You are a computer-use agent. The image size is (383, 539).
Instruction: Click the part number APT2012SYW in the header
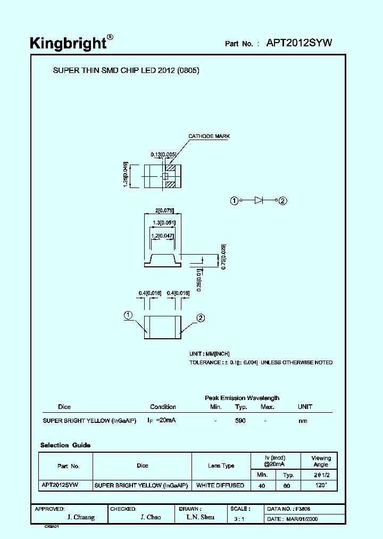(x=299, y=43)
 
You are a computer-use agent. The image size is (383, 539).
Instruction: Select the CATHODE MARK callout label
(x=209, y=136)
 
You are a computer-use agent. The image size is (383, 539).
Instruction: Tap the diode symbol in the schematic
(x=259, y=200)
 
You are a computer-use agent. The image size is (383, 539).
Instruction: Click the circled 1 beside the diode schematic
(x=234, y=200)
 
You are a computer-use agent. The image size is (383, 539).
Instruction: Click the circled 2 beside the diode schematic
(x=283, y=201)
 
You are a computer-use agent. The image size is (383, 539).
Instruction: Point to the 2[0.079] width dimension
(x=162, y=210)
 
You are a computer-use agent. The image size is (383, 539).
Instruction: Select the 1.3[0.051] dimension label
(x=163, y=223)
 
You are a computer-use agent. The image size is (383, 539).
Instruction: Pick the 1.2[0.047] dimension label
(x=162, y=235)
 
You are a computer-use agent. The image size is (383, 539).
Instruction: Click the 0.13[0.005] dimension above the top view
(x=163, y=154)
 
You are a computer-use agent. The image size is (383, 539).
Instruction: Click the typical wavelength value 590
(x=240, y=421)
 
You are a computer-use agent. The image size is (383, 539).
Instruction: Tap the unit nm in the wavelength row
(x=303, y=421)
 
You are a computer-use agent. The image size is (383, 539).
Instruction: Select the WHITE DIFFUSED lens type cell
(x=220, y=485)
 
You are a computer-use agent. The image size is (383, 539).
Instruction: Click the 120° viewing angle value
(x=320, y=485)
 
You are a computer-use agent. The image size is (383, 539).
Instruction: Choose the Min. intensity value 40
(x=262, y=485)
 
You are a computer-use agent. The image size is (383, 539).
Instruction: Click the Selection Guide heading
(x=65, y=445)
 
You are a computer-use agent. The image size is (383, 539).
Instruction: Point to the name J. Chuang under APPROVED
(x=81, y=517)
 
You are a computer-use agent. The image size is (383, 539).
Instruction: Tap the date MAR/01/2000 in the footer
(x=301, y=518)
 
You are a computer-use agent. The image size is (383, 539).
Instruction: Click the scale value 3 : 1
(x=239, y=518)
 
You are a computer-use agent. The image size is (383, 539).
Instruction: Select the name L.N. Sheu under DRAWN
(x=201, y=517)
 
